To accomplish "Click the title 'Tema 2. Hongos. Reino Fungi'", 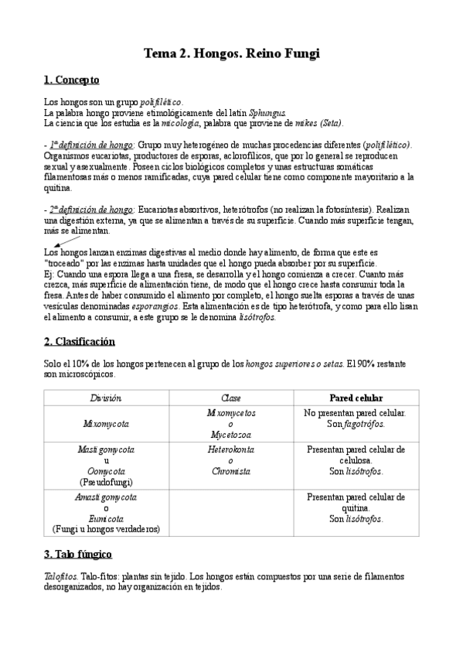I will pos(231,53).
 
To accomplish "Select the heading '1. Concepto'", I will pos(71,80).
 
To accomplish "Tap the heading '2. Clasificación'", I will pos(80,341).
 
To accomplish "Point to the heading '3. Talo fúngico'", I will pos(78,554).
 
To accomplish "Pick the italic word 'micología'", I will pos(179,123).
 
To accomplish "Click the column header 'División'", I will pos(107,398).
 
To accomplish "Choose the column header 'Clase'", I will pos(231,398).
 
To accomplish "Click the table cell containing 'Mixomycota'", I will pos(107,424).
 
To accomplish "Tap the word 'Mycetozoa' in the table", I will pos(231,436).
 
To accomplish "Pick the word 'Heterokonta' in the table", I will pos(231,449).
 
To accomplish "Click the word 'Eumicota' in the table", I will pos(107,518).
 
